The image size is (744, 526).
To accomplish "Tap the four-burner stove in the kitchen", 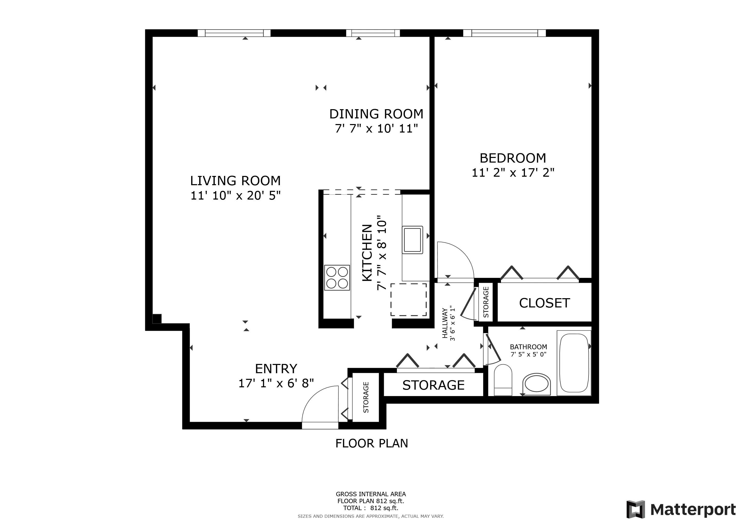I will coord(337,278).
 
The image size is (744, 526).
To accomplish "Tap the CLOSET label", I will coord(544,303).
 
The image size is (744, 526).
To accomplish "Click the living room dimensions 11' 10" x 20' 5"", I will coord(235,196).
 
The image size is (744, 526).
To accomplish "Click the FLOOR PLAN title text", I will coord(372,443).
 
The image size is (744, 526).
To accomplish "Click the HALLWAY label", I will coord(445,323).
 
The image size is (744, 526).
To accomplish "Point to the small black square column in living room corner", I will coord(157,319).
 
